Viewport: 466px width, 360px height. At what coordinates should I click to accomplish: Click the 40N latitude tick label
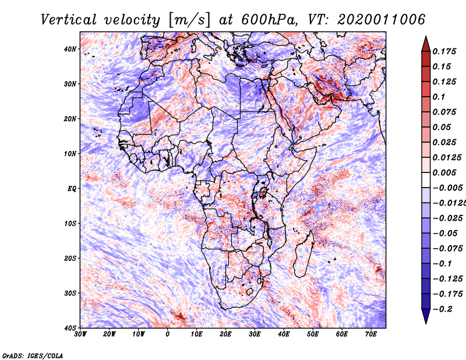click(x=70, y=49)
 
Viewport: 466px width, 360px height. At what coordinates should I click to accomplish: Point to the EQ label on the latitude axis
click(x=72, y=189)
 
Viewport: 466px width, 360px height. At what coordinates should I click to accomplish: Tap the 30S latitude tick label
click(x=70, y=294)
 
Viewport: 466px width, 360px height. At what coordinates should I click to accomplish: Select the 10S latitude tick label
click(x=70, y=224)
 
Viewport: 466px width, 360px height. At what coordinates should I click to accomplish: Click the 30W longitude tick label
click(x=80, y=334)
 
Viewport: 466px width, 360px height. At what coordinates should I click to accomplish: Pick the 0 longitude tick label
click(x=168, y=334)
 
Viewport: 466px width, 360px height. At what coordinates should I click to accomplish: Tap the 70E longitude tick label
click(x=371, y=334)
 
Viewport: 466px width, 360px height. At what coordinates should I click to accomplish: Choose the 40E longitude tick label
click(x=284, y=334)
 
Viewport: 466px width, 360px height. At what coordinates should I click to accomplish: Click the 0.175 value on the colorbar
click(x=444, y=51)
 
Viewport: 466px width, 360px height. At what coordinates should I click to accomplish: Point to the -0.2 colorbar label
click(x=442, y=309)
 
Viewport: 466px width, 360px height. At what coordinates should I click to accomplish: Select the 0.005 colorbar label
click(x=444, y=172)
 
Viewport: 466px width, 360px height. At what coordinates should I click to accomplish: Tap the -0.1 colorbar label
click(x=442, y=264)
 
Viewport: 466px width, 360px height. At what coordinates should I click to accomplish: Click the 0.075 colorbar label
click(x=444, y=112)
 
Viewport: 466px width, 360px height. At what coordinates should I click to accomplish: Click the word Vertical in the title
click(x=69, y=20)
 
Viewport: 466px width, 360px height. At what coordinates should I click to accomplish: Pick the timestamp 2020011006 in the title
click(x=381, y=20)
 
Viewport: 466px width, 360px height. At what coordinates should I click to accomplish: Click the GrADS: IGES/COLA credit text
click(x=33, y=356)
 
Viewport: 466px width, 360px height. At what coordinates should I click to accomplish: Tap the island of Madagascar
click(x=303, y=254)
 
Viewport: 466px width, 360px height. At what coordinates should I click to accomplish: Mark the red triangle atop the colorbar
click(x=426, y=44)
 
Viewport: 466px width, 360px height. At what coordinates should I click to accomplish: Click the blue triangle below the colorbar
click(x=426, y=316)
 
